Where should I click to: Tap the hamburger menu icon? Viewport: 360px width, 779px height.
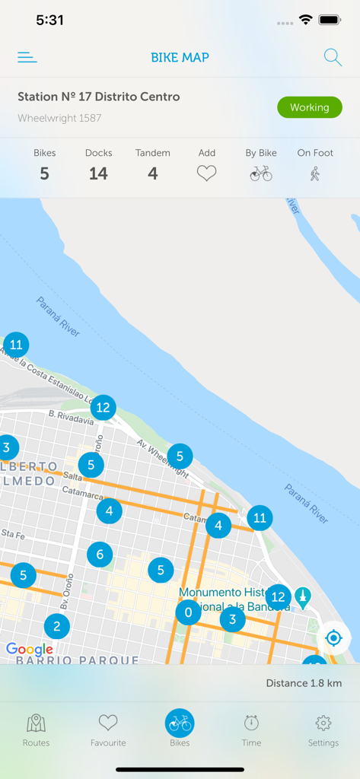(27, 57)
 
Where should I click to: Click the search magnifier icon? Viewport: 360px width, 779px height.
(333, 57)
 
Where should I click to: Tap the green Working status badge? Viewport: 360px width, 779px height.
(309, 107)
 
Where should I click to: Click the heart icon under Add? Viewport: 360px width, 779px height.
(207, 173)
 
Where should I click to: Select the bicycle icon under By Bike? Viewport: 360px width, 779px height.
(261, 173)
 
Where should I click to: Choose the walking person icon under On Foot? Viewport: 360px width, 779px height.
(315, 173)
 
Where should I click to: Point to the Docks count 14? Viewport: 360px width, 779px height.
(98, 173)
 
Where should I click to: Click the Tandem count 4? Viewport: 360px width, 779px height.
(152, 173)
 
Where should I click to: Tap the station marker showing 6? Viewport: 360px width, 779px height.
(100, 555)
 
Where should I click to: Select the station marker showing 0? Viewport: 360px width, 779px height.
(188, 612)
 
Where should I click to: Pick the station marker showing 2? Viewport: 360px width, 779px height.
(56, 627)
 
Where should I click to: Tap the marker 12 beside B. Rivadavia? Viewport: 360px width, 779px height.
(103, 408)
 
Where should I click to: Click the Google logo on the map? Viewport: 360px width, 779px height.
(30, 649)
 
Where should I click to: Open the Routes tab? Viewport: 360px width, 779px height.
(36, 730)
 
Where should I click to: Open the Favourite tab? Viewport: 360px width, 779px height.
(108, 730)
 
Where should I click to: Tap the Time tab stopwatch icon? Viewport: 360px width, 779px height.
(251, 723)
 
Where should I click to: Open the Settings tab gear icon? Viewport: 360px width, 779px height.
(323, 723)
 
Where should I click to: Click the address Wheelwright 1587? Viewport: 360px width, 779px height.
(59, 119)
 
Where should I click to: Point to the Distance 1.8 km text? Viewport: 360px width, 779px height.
(304, 683)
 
